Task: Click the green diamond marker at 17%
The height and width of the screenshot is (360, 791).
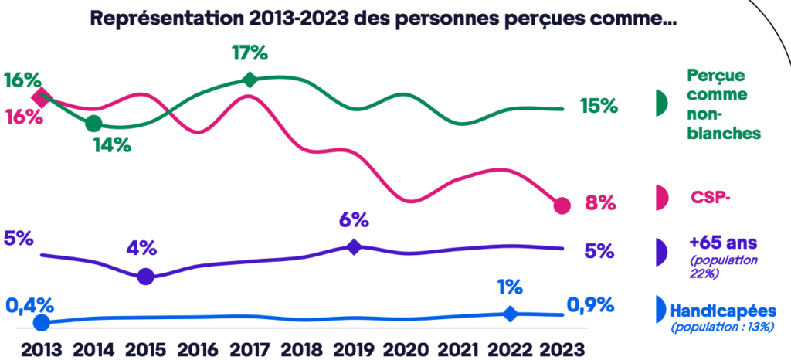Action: [249, 80]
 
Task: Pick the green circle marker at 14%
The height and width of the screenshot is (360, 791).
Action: [93, 123]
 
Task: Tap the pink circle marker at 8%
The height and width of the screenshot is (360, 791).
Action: [562, 205]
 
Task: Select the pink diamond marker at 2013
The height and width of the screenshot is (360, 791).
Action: [42, 97]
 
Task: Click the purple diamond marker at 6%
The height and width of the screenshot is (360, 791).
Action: [353, 247]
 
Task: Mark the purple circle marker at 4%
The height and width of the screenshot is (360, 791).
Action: [145, 277]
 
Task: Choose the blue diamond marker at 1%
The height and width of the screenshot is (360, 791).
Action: [510, 313]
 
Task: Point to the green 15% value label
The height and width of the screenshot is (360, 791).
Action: [599, 107]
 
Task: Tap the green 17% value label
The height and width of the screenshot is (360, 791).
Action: [249, 54]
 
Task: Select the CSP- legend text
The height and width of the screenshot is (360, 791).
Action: [710, 197]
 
